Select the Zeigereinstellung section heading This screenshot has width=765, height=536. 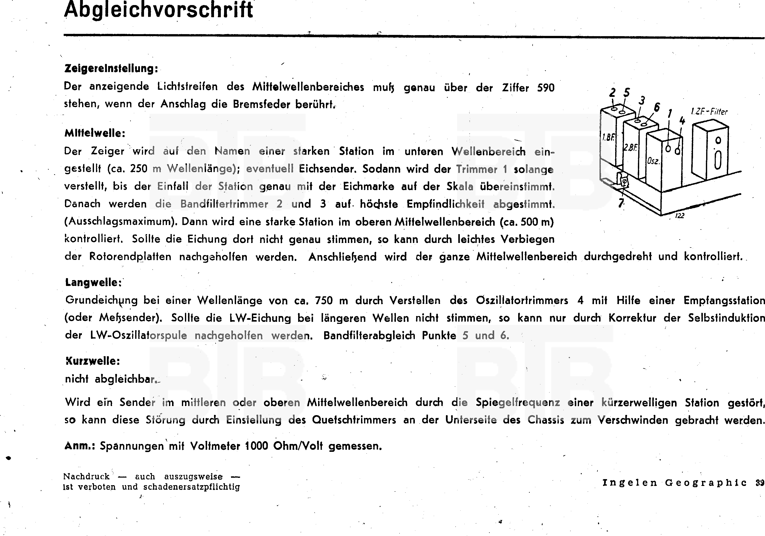(111, 69)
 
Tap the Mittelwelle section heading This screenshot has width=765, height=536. (95, 133)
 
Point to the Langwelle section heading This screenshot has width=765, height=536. (93, 283)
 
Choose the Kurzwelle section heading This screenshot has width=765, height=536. (93, 361)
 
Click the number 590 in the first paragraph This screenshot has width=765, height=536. (545, 88)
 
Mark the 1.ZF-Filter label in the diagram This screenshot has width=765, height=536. (709, 112)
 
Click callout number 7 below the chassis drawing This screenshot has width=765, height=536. (621, 203)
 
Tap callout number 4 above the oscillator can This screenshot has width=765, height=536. (682, 121)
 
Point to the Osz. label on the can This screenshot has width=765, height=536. (653, 161)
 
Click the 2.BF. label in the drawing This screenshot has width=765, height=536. (630, 147)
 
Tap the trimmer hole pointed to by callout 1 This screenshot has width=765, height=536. (668, 149)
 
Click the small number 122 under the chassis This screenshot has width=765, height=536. (679, 216)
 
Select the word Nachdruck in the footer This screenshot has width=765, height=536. (86, 477)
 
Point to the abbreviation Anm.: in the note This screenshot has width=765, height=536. (80, 446)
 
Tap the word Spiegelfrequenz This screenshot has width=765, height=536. (517, 403)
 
